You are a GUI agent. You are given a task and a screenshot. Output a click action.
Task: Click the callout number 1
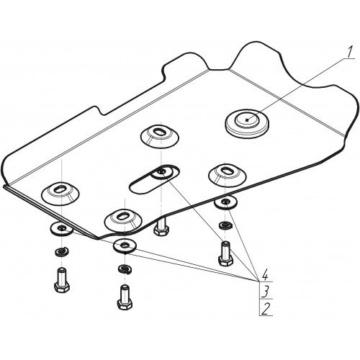click(x=350, y=52)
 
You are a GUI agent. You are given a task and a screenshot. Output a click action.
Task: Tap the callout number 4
click(x=265, y=276)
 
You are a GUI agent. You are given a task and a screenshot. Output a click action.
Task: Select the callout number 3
click(x=265, y=292)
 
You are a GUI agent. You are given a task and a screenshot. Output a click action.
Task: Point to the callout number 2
click(x=265, y=309)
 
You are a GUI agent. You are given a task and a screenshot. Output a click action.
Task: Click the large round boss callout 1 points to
click(x=247, y=123)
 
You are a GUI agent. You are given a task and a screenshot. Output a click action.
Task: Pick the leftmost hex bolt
click(x=62, y=280)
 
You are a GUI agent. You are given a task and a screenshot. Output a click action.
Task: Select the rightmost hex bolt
click(x=225, y=253)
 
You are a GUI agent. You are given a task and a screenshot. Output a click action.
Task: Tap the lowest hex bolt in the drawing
click(x=125, y=297)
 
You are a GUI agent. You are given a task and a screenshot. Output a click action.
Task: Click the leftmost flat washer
click(x=62, y=229)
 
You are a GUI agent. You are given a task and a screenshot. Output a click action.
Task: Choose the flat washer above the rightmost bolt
click(x=226, y=202)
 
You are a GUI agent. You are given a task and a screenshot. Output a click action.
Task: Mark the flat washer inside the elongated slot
click(x=161, y=173)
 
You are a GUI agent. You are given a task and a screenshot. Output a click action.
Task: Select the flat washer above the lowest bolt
click(x=125, y=246)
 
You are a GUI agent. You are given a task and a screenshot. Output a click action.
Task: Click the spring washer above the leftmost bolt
click(x=62, y=252)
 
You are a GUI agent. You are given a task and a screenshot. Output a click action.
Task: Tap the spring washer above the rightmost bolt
click(x=225, y=225)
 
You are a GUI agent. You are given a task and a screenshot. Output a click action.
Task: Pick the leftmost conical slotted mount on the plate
click(x=60, y=194)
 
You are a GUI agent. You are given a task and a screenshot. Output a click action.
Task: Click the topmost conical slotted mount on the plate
click(x=159, y=135)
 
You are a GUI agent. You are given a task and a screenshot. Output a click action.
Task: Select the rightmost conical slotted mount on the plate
click(x=228, y=174)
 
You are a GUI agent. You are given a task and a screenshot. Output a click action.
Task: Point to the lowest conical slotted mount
click(x=123, y=220)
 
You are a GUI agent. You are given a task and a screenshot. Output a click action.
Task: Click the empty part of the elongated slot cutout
click(x=142, y=185)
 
